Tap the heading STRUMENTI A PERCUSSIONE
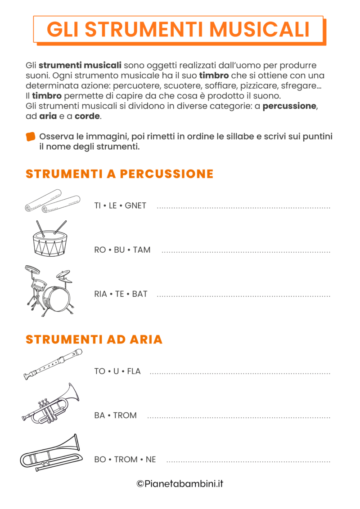[119, 174]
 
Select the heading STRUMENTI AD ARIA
[94, 339]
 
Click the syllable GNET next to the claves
[135, 206]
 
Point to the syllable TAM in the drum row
[142, 250]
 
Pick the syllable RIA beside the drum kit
[101, 294]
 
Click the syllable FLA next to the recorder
[134, 371]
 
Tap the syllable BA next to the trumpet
[99, 415]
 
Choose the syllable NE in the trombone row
[151, 460]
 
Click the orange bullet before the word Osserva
[31, 137]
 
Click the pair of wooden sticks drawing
[52, 201]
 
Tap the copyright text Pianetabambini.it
[180, 484]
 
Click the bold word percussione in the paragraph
[290, 107]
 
